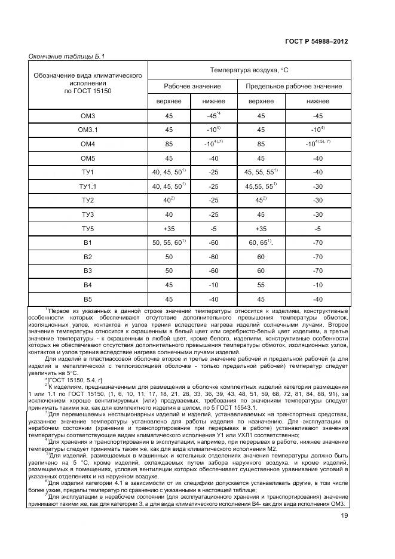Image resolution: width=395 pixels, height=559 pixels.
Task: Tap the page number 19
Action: coord(344,517)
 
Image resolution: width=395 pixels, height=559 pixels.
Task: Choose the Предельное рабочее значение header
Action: coord(294,87)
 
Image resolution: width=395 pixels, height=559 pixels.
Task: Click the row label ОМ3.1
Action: coord(88,130)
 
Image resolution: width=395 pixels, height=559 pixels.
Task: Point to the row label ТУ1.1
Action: coord(88,186)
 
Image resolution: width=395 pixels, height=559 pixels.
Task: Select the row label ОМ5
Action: coord(88,158)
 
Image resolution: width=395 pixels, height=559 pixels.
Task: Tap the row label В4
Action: coord(88,285)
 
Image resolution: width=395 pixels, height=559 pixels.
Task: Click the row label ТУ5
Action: coord(88,228)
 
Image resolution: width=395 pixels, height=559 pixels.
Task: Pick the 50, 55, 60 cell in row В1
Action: coord(169,242)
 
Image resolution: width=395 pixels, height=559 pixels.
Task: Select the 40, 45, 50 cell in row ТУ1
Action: coord(169,172)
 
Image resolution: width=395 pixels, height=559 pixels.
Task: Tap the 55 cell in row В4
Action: coord(261,285)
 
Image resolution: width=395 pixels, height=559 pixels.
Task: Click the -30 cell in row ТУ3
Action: coord(318,214)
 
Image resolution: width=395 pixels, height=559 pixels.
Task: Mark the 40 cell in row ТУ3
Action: coord(169,214)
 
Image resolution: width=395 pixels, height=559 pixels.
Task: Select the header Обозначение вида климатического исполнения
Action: coord(88,84)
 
